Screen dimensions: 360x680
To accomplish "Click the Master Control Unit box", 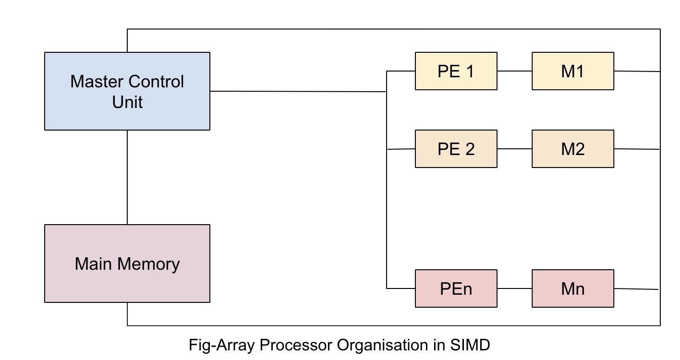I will [127, 91].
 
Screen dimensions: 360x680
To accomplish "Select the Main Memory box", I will [127, 264].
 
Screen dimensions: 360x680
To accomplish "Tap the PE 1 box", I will [456, 71].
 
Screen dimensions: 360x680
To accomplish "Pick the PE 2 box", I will [456, 149].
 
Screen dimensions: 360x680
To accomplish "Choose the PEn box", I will [456, 288].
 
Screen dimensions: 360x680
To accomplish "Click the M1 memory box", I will [572, 71].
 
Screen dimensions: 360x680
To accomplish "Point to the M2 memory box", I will [572, 149].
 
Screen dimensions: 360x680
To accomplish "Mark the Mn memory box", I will [572, 288].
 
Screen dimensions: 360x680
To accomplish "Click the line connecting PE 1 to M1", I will [514, 71].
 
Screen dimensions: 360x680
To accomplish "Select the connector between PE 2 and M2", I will [514, 149].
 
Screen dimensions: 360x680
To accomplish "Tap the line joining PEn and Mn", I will [514, 288].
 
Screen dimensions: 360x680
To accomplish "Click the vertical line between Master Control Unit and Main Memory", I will [127, 178].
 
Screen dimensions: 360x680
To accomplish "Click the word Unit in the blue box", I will [127, 102].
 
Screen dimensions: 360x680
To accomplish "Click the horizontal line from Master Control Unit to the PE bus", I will [298, 91].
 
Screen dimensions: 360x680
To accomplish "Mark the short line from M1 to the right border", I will [637, 71].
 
